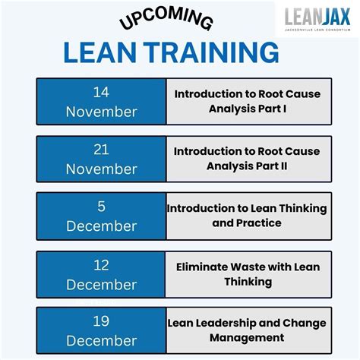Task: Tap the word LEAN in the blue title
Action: (x=101, y=52)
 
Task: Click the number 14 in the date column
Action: (x=101, y=93)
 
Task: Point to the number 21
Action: (x=101, y=150)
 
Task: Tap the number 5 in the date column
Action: (x=101, y=207)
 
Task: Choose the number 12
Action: (x=101, y=265)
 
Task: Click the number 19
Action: (x=101, y=322)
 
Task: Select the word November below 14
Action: (x=101, y=112)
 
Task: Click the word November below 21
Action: (x=101, y=169)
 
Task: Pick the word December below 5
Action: (x=101, y=226)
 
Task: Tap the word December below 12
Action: (x=101, y=284)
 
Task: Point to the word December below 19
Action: (x=101, y=341)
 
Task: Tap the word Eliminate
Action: (x=206, y=267)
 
